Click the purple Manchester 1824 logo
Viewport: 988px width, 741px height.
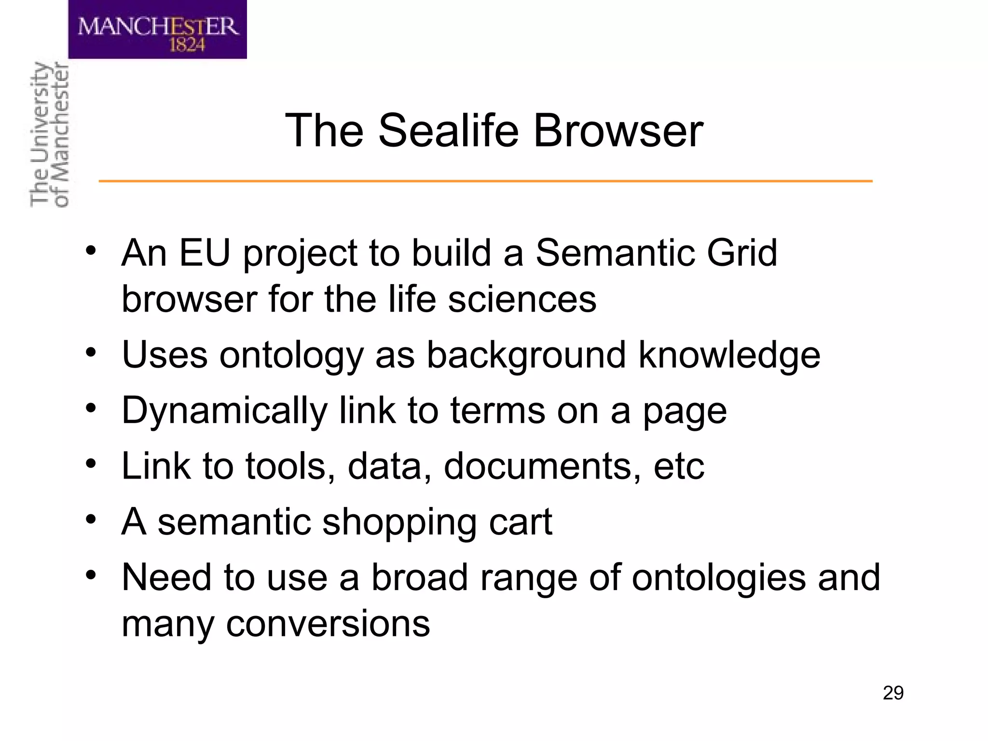point(157,30)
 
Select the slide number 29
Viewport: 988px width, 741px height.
point(893,693)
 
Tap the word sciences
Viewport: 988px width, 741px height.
point(522,299)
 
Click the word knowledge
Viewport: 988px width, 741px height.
point(729,355)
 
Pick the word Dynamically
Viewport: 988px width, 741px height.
point(225,412)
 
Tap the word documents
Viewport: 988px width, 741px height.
point(542,466)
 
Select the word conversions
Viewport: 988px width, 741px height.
point(328,624)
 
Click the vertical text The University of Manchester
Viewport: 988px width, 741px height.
point(49,135)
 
